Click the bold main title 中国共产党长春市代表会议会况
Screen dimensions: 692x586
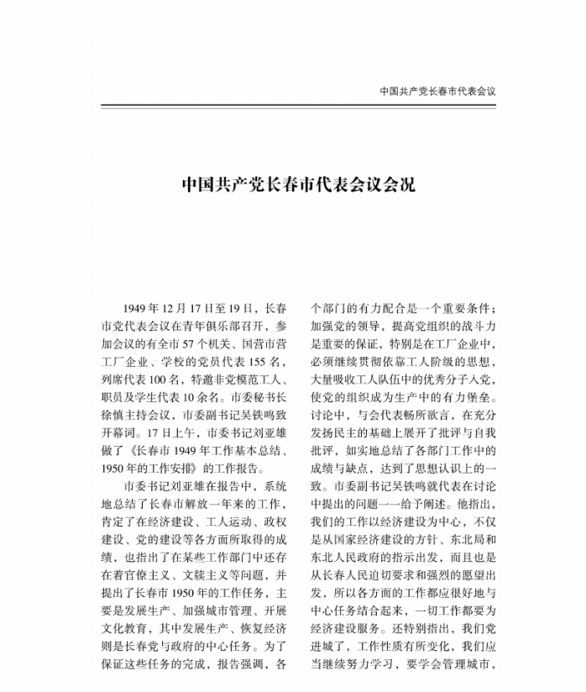[x=299, y=184]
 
